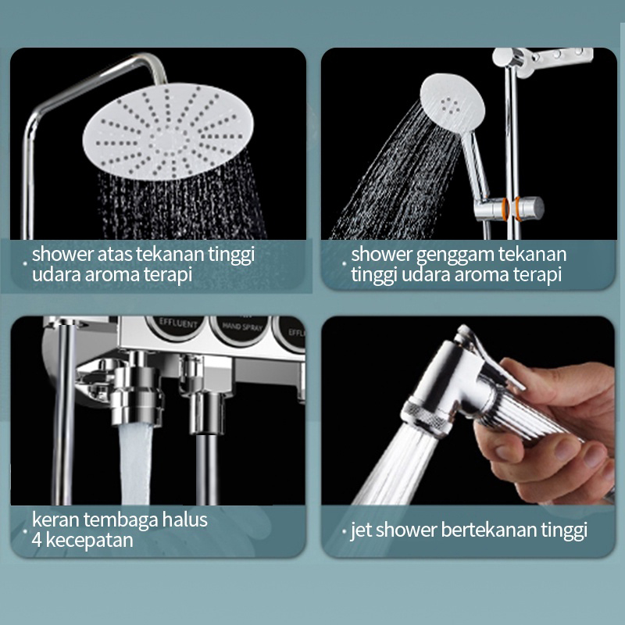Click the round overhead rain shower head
[168, 131]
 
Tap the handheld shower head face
[452, 102]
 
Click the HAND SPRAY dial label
[242, 327]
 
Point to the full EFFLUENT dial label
[178, 323]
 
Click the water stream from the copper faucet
[135, 464]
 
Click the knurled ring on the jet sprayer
[425, 418]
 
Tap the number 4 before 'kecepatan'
[37, 540]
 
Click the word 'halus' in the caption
[185, 520]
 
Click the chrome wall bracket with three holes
[546, 59]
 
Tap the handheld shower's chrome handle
[475, 163]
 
